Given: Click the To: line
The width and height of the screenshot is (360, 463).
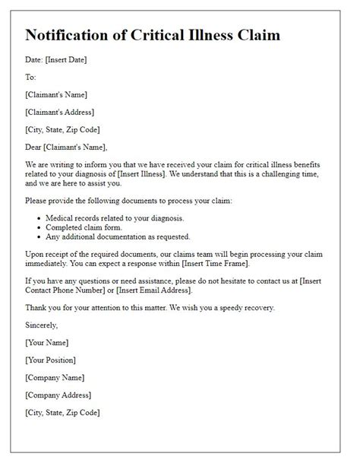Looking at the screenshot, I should click(31, 78).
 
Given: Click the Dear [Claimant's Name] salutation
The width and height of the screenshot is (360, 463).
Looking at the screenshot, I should click(66, 147).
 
